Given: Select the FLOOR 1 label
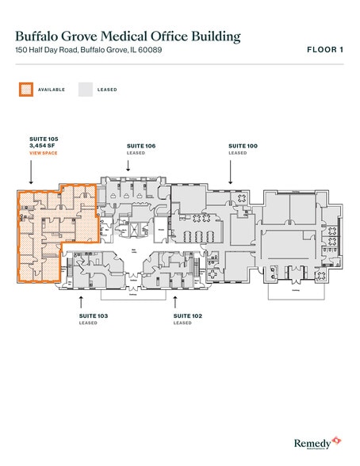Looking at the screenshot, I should [324, 50].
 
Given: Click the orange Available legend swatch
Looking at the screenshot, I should [26, 90].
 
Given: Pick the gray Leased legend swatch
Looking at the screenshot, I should [85, 90].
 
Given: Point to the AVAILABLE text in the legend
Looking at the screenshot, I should [52, 90].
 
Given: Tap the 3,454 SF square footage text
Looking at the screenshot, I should [40, 145].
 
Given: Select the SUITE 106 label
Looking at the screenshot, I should [141, 146].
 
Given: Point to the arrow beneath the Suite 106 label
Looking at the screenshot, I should [128, 164].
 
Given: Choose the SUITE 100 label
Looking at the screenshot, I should [243, 146].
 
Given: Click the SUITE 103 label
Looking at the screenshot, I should [93, 316].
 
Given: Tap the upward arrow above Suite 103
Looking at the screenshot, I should [81, 301].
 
